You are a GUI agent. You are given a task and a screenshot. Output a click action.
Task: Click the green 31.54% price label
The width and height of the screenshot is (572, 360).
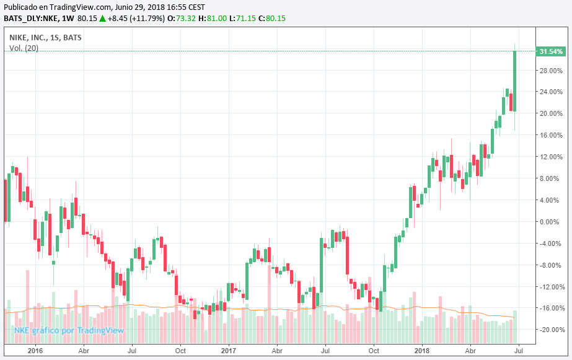[551, 51]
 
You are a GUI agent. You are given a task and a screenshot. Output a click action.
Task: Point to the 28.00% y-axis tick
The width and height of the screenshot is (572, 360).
[551, 71]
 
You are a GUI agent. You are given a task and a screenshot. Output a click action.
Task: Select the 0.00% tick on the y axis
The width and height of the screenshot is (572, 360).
[551, 222]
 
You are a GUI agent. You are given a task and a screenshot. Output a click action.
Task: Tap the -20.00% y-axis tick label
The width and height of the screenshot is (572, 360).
[550, 330]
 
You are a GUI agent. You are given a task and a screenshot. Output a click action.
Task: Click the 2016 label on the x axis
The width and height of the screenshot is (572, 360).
[35, 351]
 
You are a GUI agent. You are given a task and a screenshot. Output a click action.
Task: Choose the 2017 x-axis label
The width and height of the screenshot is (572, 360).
[229, 351]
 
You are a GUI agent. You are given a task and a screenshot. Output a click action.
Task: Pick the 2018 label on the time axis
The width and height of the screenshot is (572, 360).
[422, 351]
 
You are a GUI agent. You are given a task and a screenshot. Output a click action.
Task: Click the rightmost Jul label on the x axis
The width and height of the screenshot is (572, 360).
[518, 351]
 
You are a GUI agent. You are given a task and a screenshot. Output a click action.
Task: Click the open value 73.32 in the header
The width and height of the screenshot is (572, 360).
[187, 19]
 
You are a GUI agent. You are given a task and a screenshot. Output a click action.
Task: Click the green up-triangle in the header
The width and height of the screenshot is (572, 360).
[102, 19]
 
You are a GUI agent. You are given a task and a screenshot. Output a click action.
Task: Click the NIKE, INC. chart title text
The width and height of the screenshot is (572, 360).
[29, 37]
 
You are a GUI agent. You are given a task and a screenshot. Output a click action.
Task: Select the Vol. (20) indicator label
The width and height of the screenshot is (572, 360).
[24, 48]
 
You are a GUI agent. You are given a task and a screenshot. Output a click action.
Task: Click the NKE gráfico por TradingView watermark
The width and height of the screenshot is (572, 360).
[69, 330]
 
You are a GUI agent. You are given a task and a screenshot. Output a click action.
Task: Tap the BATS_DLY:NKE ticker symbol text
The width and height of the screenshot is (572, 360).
[27, 19]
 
